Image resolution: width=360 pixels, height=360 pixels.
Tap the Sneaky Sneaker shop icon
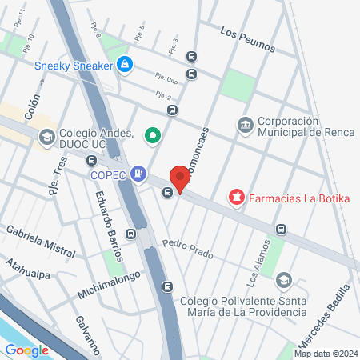pos(124,64)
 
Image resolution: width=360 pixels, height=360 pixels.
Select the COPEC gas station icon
pos(140,172)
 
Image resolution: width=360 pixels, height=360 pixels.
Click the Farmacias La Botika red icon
pos(236,196)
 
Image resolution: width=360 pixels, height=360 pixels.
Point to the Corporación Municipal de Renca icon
pos(245,125)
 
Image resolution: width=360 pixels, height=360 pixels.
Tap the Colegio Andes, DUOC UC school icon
pos(46,137)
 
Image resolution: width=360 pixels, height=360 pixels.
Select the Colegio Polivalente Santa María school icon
pos(283,281)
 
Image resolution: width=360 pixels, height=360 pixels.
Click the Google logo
pos(26,350)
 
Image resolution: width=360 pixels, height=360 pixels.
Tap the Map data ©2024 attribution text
pos(325,354)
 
